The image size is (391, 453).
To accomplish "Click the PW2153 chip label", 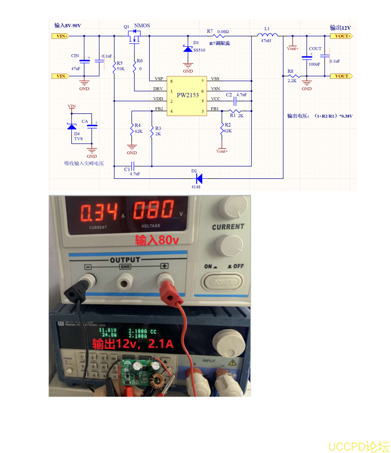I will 187,95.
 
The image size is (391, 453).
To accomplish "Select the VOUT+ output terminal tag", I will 342,36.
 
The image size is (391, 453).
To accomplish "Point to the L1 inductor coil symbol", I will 267,35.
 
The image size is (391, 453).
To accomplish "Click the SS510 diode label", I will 199,50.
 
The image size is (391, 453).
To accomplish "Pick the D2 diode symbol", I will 199,178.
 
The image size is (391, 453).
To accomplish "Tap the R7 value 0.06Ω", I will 223,31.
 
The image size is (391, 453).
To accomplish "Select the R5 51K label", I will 119,66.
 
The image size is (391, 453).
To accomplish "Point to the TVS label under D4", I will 78,139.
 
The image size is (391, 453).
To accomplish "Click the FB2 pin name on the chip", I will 159,109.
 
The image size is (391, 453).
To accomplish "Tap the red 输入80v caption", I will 157,241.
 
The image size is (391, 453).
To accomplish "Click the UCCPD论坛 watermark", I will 358,446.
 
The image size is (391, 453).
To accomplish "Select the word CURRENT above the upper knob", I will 228,227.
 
